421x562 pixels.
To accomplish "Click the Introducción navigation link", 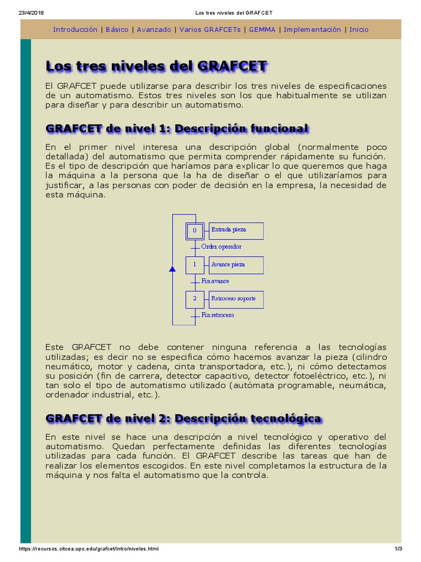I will click(75, 30).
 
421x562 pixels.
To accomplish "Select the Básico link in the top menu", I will click(117, 30).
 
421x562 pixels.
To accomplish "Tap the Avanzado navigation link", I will click(154, 30).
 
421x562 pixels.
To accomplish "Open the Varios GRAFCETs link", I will click(210, 30).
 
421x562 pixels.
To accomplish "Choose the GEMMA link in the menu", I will click(262, 30).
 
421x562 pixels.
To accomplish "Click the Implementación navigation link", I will click(312, 30).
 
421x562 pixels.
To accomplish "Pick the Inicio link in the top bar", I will click(359, 30).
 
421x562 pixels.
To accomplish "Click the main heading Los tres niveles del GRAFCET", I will click(157, 66).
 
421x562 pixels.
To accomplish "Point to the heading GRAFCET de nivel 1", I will click(177, 128).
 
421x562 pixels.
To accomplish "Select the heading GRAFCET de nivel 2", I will click(184, 418).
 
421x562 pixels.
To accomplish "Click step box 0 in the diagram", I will click(194, 231).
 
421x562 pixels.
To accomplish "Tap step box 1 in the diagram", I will click(194, 265).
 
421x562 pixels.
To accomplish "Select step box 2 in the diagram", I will click(194, 299).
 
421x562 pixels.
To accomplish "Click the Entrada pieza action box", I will click(236, 231).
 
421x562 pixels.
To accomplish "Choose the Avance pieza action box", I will click(236, 265).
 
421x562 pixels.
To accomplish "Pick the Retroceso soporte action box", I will click(236, 299).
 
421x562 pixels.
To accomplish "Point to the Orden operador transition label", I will click(221, 247).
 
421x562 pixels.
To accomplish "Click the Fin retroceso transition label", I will click(218, 315).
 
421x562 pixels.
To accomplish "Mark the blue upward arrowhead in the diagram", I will click(172, 269).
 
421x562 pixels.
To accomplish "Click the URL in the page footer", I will click(89, 549).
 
